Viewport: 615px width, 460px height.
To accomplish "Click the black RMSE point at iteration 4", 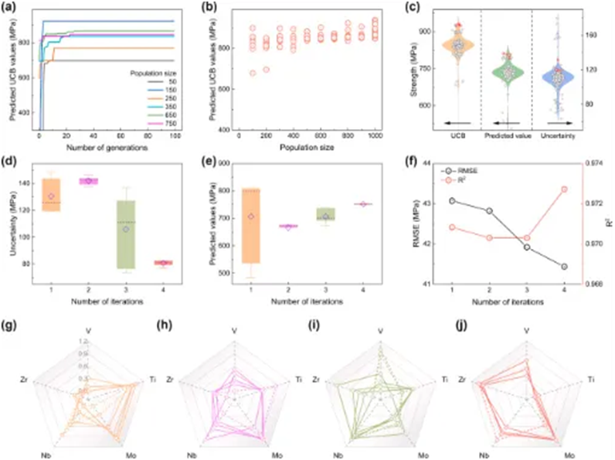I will [566, 267].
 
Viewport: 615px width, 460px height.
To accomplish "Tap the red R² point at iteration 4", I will [566, 189].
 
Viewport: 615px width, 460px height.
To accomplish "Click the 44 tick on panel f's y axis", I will [433, 162].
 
